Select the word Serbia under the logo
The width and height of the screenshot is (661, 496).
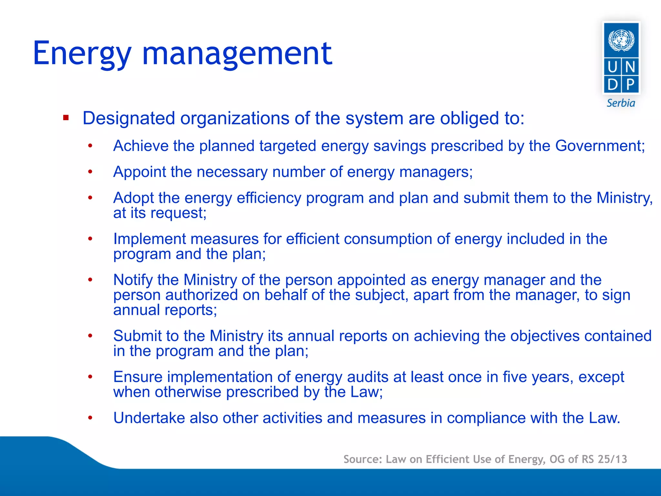(621, 103)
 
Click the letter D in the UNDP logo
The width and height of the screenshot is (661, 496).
(612, 85)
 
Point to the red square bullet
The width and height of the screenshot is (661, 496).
(66, 118)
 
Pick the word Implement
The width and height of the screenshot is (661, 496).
(150, 239)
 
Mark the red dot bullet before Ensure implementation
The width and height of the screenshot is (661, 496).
(90, 377)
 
